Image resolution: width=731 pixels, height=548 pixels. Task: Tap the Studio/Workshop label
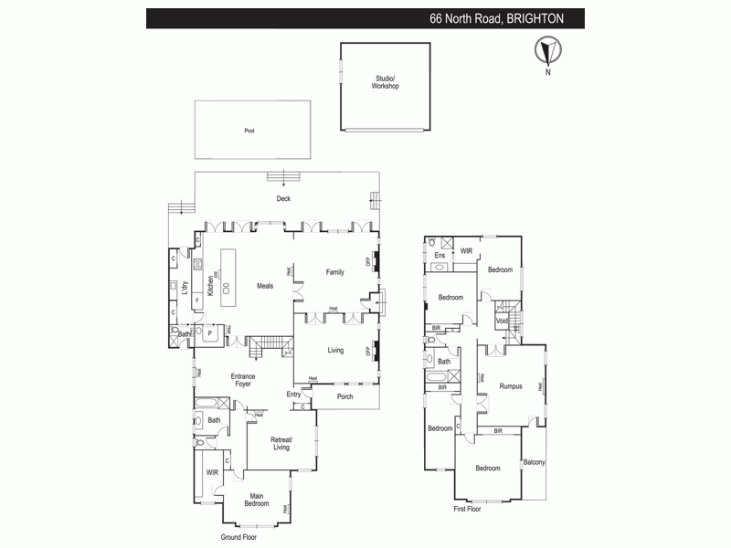386,82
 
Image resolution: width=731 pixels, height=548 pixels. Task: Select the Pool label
249,131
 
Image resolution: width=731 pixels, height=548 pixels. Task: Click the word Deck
284,198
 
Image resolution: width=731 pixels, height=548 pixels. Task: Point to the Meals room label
265,286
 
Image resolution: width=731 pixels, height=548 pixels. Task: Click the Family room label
335,271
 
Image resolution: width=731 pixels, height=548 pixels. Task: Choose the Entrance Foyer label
243,380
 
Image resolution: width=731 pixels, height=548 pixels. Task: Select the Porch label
344,396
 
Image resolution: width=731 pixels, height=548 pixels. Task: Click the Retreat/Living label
281,444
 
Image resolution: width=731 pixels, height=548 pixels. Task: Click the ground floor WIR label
212,472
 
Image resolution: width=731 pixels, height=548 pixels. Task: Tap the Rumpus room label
511,386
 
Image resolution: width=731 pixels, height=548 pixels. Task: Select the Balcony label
534,463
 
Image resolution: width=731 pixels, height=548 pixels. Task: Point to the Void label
502,321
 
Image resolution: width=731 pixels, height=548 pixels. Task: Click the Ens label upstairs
439,256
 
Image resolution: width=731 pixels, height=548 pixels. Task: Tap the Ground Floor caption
238,537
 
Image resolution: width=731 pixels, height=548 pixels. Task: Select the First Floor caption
468,509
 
